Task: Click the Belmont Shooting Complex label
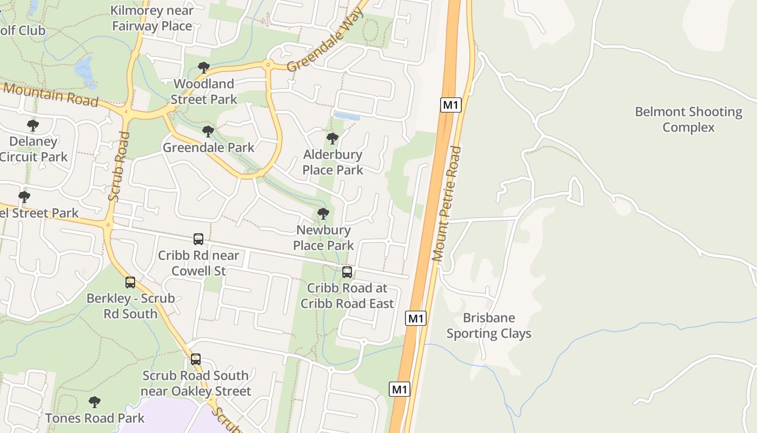(688, 120)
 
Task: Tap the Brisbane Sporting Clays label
(489, 326)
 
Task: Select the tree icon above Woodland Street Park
(204, 68)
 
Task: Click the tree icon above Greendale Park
(208, 132)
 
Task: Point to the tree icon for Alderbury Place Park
(333, 139)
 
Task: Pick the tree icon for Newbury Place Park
(323, 214)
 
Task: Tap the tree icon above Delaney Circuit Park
(33, 126)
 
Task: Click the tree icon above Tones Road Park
(95, 402)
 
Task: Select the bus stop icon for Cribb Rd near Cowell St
(198, 239)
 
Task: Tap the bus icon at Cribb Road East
(347, 272)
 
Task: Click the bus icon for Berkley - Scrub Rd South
(130, 283)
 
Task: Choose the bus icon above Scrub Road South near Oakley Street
(196, 359)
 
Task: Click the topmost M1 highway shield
(451, 104)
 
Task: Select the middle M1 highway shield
(416, 318)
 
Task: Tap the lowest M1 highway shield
(400, 389)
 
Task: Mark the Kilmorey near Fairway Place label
(152, 18)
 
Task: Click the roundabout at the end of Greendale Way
(268, 65)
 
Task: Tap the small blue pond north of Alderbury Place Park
(347, 116)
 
